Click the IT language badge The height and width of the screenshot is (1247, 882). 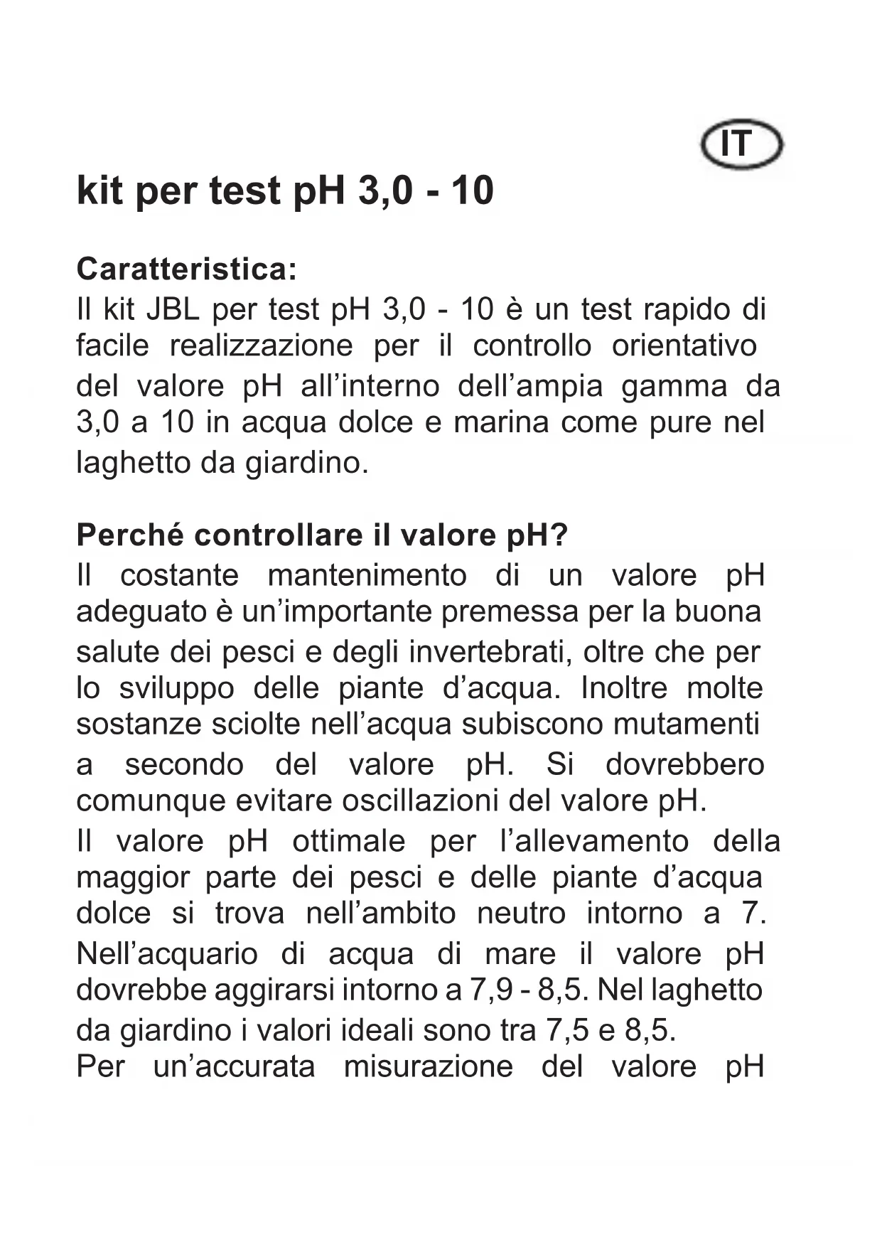point(741,144)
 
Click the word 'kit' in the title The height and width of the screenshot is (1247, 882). point(100,191)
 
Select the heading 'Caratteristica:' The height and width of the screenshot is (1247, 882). point(186,269)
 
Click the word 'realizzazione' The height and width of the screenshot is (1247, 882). point(261,346)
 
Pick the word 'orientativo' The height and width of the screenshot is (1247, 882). point(684,346)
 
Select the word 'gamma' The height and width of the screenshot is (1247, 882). point(674,387)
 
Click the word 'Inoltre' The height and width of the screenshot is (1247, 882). point(625,688)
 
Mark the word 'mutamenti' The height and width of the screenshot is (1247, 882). point(686,724)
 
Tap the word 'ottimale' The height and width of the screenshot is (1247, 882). point(348,842)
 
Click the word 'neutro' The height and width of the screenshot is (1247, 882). point(521,914)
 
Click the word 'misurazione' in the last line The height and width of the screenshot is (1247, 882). point(428,1067)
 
